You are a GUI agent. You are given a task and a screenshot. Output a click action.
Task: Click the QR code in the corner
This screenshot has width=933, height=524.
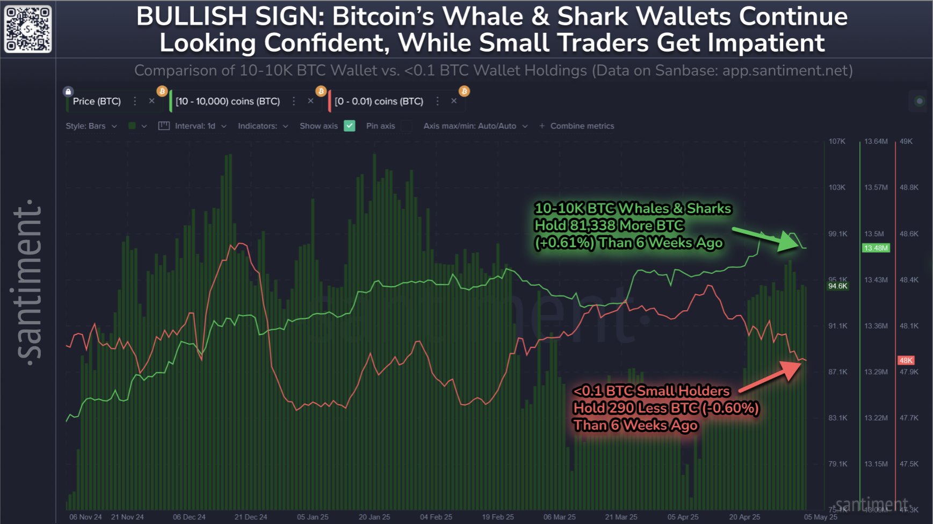click(28, 28)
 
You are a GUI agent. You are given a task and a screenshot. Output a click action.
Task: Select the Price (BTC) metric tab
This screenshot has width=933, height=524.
click(97, 101)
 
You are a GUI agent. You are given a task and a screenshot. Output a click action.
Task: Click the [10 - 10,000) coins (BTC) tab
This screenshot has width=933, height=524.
click(228, 101)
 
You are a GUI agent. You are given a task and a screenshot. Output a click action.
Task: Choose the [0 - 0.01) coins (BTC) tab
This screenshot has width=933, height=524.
click(379, 101)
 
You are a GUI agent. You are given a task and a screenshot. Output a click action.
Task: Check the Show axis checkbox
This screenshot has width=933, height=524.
click(350, 126)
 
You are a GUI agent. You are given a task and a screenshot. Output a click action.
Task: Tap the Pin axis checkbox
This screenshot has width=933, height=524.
click(407, 126)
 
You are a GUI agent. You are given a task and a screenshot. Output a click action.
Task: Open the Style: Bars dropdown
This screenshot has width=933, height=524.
click(91, 126)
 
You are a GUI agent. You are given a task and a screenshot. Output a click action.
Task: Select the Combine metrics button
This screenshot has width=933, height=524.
click(577, 126)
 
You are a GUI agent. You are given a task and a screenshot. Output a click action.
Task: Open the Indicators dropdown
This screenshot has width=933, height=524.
click(263, 126)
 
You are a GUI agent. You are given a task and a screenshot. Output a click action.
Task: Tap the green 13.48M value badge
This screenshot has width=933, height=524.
click(876, 248)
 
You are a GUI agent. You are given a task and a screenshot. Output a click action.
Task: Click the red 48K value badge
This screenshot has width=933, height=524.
click(906, 360)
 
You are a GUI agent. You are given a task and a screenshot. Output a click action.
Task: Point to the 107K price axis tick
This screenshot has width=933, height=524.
click(837, 141)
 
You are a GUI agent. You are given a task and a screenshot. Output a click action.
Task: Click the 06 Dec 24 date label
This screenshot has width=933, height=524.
click(189, 517)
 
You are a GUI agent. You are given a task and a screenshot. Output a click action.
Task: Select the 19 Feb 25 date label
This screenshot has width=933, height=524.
click(498, 517)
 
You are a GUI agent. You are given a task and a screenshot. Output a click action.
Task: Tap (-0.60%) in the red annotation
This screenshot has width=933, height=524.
click(731, 408)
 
